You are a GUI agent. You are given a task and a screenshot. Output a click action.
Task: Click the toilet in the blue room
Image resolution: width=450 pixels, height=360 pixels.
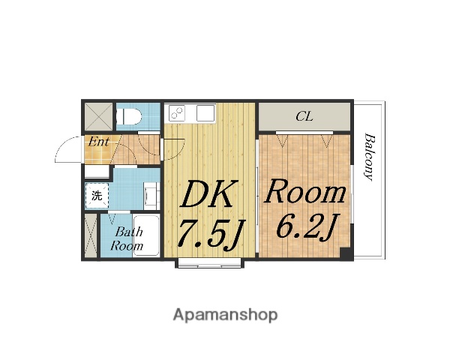(129, 116)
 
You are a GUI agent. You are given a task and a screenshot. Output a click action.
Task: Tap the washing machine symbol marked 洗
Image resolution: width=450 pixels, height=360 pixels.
(97, 196)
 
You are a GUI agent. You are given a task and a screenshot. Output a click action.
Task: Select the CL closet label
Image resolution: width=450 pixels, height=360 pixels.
(304, 116)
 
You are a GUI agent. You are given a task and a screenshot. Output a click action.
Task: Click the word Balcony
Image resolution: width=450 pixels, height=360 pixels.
(369, 157)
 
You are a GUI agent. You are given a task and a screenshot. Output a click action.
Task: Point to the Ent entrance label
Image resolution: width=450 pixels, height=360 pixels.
(98, 142)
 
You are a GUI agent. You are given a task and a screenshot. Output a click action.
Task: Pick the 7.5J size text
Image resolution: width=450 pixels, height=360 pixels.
(210, 233)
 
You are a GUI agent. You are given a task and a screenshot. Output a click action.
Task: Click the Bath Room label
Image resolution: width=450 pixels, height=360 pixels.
(127, 238)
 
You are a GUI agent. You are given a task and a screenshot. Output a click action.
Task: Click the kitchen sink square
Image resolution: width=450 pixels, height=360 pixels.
(205, 112)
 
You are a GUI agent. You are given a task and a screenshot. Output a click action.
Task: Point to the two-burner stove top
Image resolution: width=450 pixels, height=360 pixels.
(177, 112)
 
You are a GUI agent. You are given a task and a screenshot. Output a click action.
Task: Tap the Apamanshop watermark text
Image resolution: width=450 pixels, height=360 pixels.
(225, 315)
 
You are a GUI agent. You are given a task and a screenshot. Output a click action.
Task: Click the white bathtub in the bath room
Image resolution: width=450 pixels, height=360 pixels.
(146, 235)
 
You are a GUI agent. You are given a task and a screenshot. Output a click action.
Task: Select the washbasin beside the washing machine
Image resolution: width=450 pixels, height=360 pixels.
(151, 196)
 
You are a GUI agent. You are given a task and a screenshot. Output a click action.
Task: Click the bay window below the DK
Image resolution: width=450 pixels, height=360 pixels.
(209, 263)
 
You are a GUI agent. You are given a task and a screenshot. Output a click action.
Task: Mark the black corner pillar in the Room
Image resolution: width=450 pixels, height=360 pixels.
(346, 254)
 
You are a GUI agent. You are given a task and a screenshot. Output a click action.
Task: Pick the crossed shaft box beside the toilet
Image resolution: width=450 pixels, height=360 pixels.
(99, 116)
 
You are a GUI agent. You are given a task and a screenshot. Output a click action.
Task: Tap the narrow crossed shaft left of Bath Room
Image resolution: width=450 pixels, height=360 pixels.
(91, 235)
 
